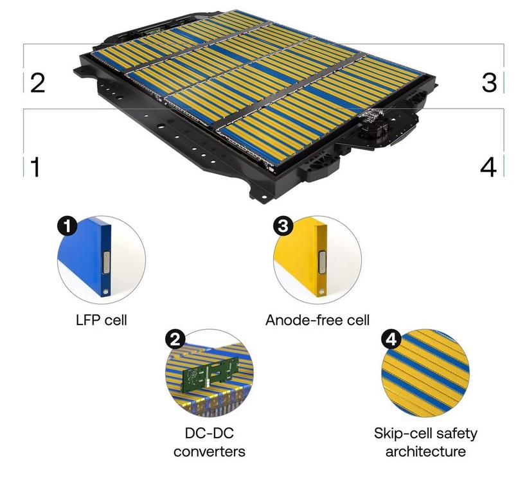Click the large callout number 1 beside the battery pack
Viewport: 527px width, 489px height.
click(35, 167)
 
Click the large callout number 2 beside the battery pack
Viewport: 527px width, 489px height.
click(38, 83)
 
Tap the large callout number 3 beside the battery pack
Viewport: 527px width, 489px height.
click(489, 82)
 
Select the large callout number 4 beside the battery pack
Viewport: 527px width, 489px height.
click(488, 167)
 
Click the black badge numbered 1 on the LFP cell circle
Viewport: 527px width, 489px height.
click(67, 226)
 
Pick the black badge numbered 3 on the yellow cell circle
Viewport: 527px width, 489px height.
click(283, 226)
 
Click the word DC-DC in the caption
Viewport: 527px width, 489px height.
click(210, 433)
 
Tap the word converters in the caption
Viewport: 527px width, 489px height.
click(210, 451)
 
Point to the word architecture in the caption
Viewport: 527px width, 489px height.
click(425, 451)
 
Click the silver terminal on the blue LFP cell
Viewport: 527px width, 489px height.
click(106, 262)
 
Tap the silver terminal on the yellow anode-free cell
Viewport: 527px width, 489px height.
click(322, 262)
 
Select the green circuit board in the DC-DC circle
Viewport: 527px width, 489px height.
click(211, 374)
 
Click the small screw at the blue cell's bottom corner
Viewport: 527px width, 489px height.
click(106, 291)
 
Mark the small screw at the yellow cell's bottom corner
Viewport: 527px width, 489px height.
click(322, 291)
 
